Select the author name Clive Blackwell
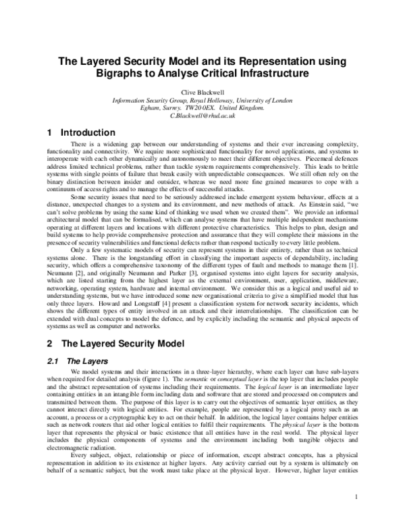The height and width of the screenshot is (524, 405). pos(203,90)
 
